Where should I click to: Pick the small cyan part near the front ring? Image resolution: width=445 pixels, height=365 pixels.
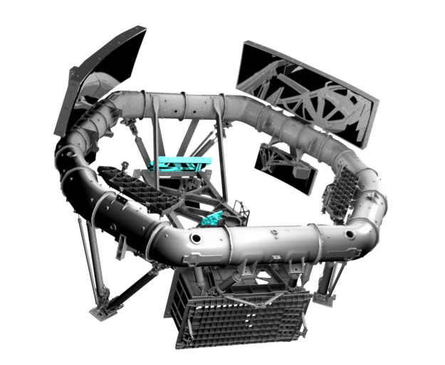(x=211, y=219)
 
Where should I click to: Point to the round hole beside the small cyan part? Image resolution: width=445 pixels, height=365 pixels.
(x=195, y=235)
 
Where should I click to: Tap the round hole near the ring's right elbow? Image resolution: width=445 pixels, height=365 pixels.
(x=349, y=233)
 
